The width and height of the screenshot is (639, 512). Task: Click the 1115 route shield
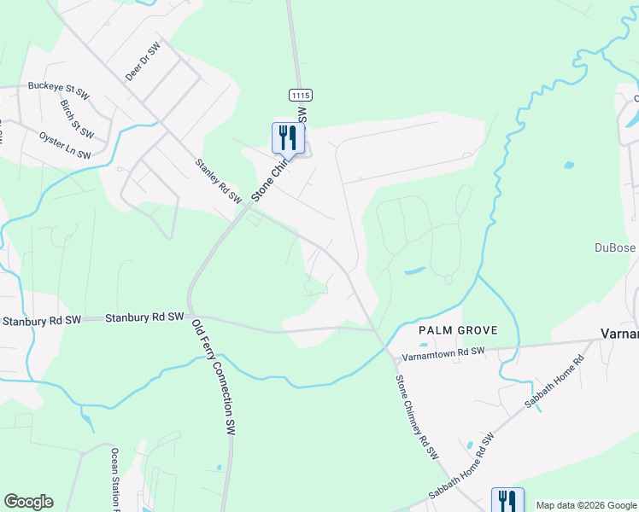point(298,94)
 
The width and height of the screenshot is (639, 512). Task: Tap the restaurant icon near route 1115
point(288,137)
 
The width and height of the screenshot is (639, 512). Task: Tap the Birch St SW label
point(76,118)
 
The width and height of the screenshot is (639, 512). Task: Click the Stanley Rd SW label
point(218,180)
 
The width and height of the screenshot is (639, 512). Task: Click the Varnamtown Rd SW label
point(443,351)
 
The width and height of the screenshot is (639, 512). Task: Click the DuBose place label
point(616,248)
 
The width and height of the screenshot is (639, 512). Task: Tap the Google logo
point(28,502)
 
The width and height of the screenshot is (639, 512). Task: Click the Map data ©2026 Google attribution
point(585,505)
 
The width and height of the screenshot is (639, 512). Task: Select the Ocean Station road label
point(114,478)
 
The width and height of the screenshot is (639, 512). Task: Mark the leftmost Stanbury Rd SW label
point(41,321)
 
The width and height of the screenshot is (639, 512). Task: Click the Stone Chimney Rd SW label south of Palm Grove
point(416,415)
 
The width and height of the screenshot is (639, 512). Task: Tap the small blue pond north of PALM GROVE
point(413,271)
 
